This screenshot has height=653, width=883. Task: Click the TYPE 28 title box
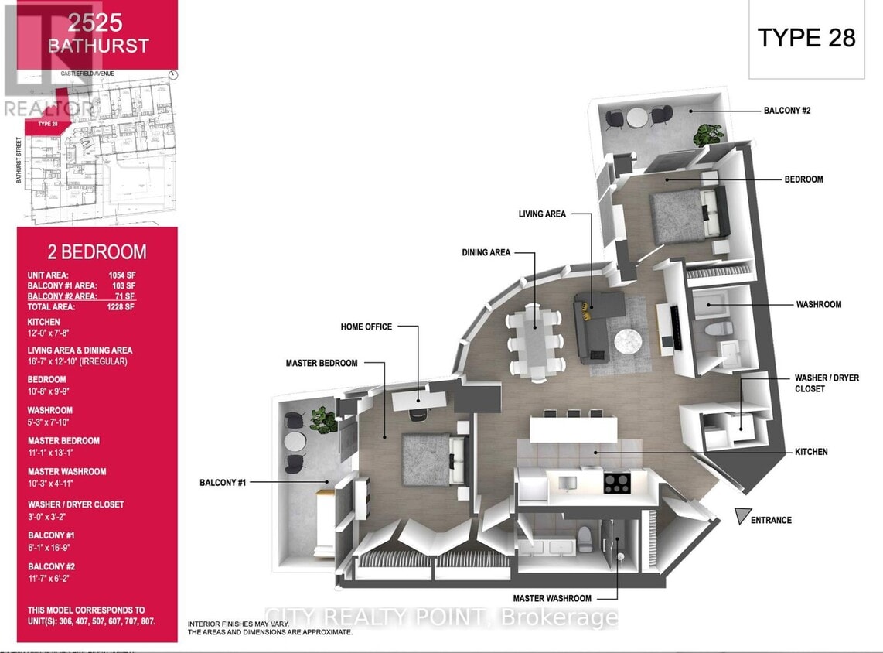(x=806, y=39)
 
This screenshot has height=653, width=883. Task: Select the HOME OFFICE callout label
(x=366, y=327)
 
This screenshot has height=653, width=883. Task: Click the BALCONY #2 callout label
(x=787, y=111)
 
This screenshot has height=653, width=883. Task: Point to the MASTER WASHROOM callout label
(x=553, y=598)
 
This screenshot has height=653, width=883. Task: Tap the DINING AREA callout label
(x=486, y=253)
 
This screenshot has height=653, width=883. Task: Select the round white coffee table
(x=632, y=341)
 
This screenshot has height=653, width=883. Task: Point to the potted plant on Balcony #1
(x=323, y=420)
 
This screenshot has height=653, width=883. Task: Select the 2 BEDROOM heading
(x=97, y=251)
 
